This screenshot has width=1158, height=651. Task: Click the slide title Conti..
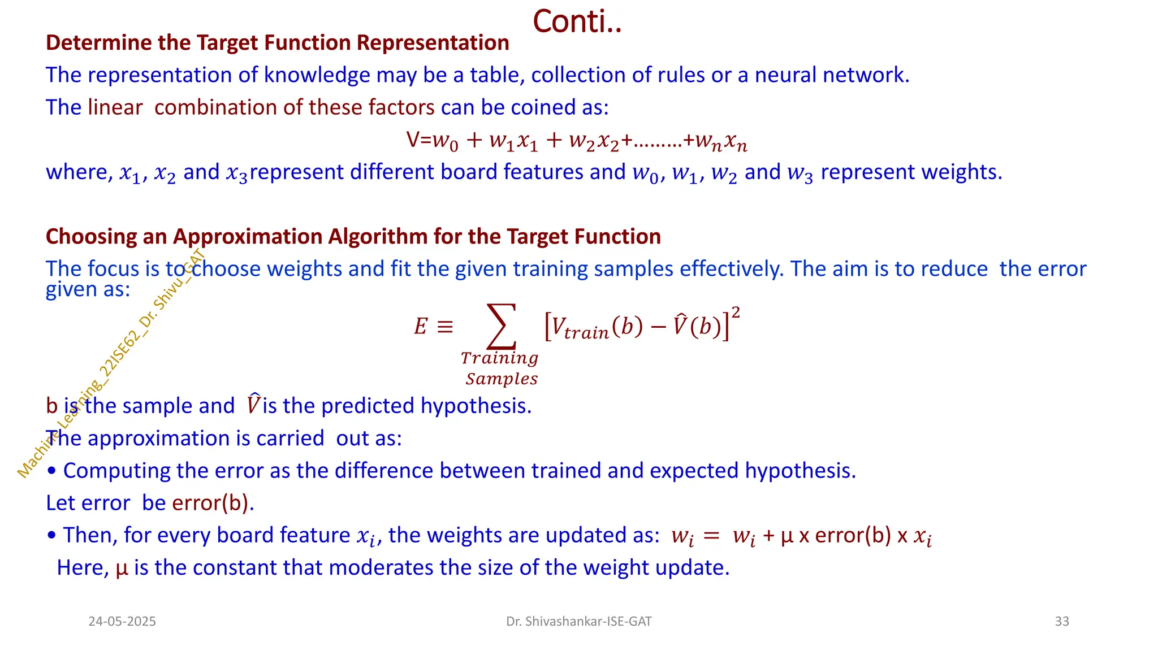577,22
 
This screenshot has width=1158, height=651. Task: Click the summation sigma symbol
502,327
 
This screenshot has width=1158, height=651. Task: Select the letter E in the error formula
420,327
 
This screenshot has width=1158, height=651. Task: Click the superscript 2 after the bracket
736,313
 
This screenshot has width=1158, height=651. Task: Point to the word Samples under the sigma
502,379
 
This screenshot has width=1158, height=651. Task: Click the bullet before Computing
52,471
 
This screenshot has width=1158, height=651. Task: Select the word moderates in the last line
382,568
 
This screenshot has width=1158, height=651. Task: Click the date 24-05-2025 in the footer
122,622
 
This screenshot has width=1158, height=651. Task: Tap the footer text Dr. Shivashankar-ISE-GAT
578,622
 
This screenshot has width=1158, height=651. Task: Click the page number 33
1062,622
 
